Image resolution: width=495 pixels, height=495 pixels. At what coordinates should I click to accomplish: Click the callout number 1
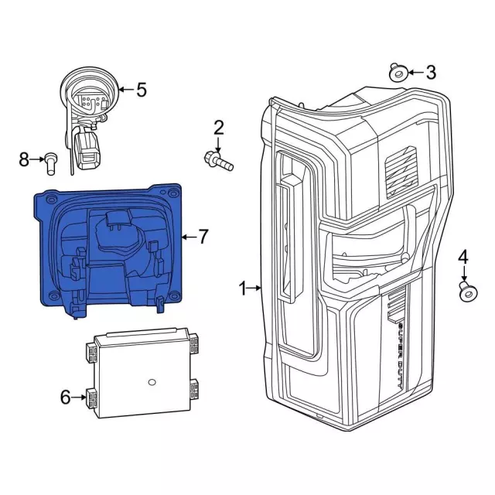pyautogui.click(x=242, y=289)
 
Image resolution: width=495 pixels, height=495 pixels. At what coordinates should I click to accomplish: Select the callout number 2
pyautogui.click(x=219, y=128)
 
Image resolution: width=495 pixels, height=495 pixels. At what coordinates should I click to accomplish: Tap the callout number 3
pyautogui.click(x=431, y=73)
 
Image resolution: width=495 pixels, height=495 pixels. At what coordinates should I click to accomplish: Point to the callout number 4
pyautogui.click(x=463, y=257)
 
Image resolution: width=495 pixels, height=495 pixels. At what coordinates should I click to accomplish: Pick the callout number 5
pyautogui.click(x=141, y=90)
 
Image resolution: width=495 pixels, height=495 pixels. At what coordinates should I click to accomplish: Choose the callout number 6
pyautogui.click(x=65, y=398)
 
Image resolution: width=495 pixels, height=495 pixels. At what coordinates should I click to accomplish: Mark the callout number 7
pyautogui.click(x=203, y=237)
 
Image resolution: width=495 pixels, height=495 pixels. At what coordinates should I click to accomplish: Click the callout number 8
pyautogui.click(x=24, y=159)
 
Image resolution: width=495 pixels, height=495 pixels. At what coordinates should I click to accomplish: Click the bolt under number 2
pyautogui.click(x=219, y=161)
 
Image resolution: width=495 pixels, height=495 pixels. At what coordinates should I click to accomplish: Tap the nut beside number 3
pyautogui.click(x=398, y=73)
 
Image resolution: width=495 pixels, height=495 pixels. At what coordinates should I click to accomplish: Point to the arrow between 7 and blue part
pyautogui.click(x=187, y=237)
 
